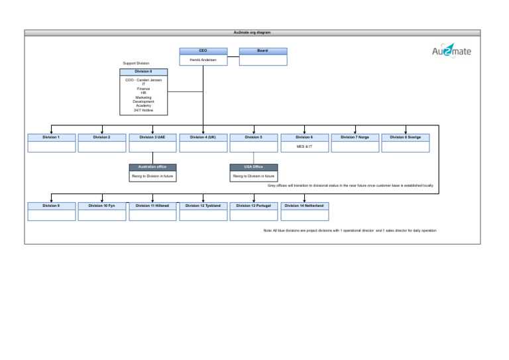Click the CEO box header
(x=203, y=50)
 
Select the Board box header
(x=262, y=50)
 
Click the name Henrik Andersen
(x=203, y=59)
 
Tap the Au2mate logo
(x=451, y=51)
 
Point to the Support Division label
(x=136, y=64)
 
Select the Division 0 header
(x=143, y=70)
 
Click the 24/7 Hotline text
(x=143, y=110)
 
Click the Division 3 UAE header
(x=152, y=137)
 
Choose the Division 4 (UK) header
(x=203, y=137)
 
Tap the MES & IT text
(x=304, y=146)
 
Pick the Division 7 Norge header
(x=355, y=137)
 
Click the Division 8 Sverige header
(x=405, y=137)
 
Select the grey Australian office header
(x=152, y=167)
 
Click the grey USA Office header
(x=253, y=167)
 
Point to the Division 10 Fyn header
(x=102, y=206)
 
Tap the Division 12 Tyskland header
(x=203, y=206)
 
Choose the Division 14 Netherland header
(x=304, y=206)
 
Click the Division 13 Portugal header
(x=253, y=206)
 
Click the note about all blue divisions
(x=350, y=230)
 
